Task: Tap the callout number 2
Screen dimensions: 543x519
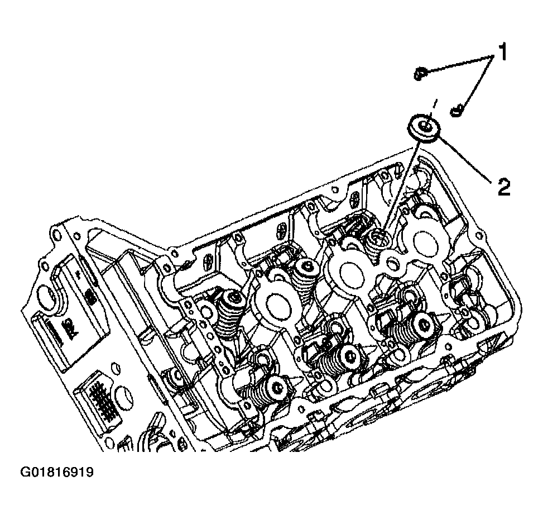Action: (x=504, y=187)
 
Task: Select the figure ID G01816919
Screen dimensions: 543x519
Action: (x=57, y=472)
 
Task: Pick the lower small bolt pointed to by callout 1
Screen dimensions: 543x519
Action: (x=457, y=111)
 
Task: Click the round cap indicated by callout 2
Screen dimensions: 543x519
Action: (x=424, y=128)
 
